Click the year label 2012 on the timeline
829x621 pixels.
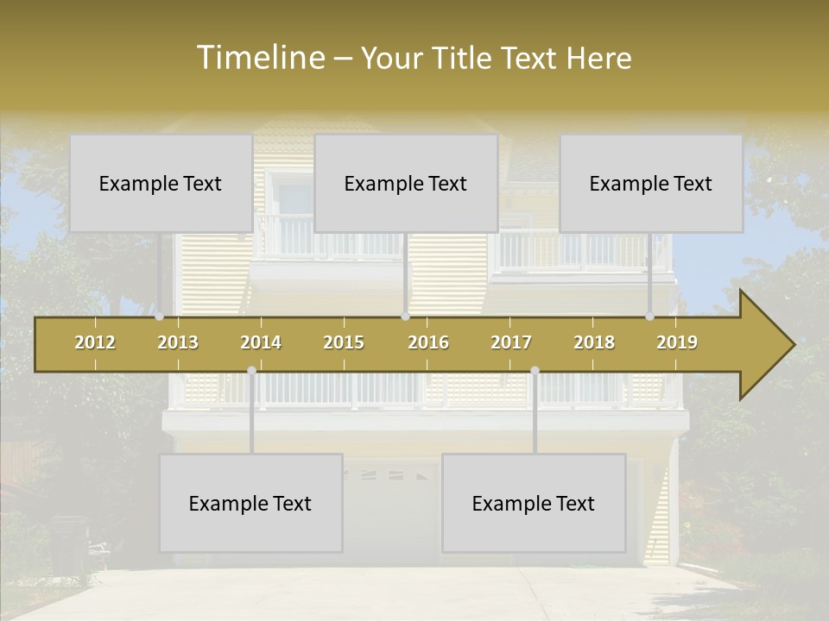tap(95, 343)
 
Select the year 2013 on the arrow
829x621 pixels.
tap(178, 343)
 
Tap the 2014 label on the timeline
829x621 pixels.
tap(261, 343)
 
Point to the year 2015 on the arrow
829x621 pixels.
tap(344, 343)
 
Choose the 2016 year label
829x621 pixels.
tap(428, 343)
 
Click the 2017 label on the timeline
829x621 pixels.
tap(511, 343)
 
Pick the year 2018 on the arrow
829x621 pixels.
tap(594, 343)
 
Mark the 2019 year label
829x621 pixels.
tap(677, 343)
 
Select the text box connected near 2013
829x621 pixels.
tap(161, 183)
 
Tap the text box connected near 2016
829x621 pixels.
tap(406, 183)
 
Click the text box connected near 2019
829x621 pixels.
tap(651, 183)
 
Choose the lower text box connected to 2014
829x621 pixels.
tap(250, 503)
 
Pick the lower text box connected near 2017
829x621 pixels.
tap(534, 503)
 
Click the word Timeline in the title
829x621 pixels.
tap(261, 58)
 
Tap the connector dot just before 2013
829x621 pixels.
tap(160, 317)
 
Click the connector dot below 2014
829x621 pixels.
tap(251, 371)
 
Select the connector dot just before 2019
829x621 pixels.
tap(649, 317)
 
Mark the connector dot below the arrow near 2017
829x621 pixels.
tap(535, 371)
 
